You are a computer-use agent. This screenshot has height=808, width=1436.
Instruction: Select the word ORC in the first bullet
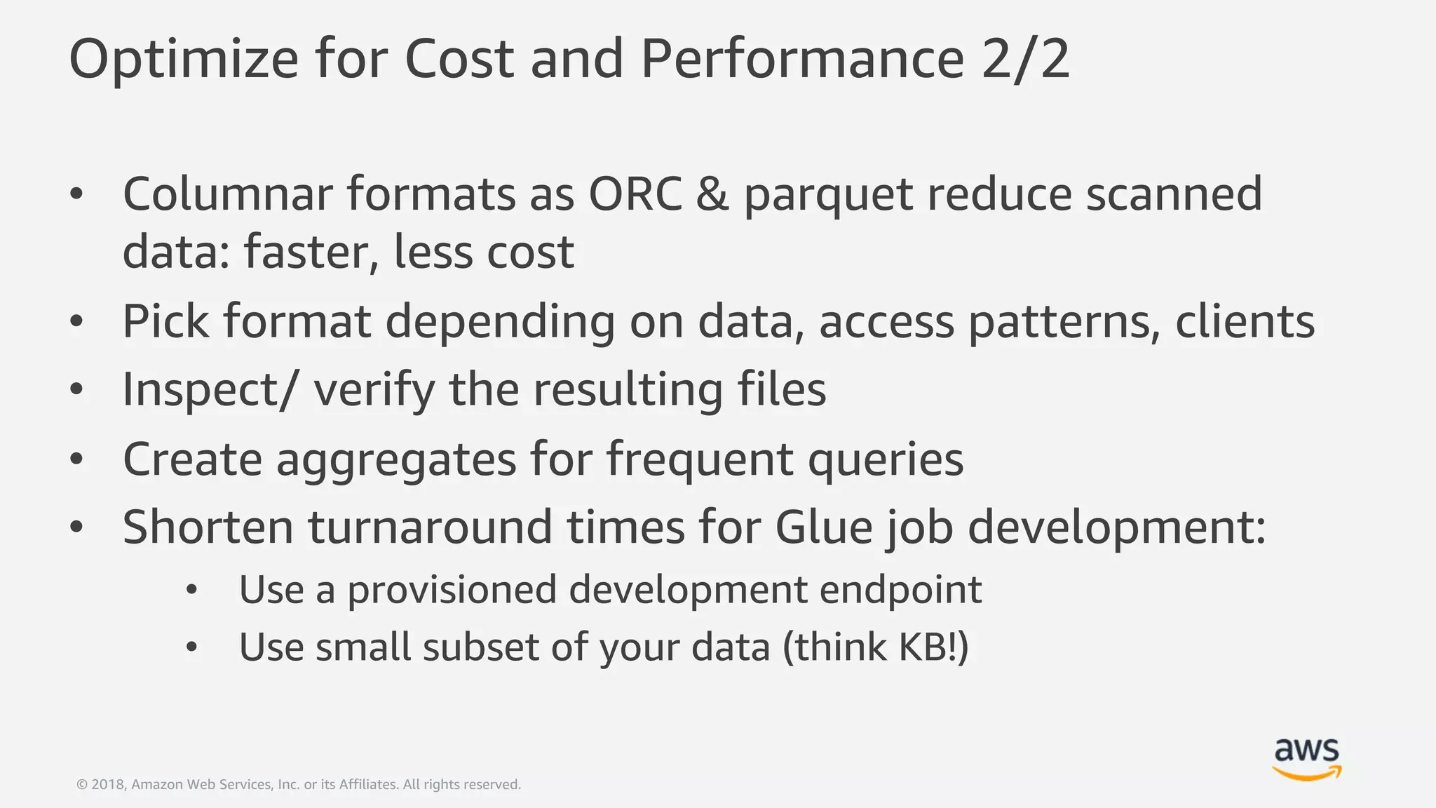click(635, 194)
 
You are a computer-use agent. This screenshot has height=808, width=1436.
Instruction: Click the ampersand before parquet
click(712, 194)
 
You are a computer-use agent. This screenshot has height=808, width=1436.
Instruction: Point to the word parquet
click(828, 197)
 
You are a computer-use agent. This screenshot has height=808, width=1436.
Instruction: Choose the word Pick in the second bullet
click(165, 322)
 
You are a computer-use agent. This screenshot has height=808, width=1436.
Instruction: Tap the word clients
click(1245, 322)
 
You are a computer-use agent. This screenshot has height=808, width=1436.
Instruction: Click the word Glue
click(823, 527)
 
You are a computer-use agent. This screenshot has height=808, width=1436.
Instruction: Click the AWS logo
click(1306, 760)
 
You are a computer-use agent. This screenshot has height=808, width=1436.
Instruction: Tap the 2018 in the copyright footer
click(108, 785)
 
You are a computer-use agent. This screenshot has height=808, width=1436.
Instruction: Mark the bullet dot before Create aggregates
click(77, 460)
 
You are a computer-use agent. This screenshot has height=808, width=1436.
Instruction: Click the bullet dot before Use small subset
click(192, 647)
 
